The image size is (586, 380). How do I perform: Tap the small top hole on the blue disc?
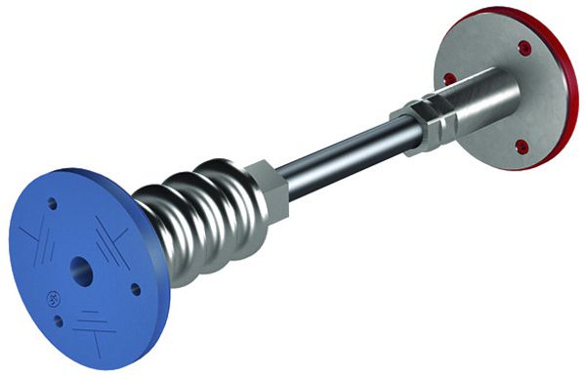[x=53, y=205]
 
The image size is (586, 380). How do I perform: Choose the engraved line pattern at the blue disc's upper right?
[x=110, y=234]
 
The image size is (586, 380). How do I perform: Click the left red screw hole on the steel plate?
[x=450, y=77]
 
